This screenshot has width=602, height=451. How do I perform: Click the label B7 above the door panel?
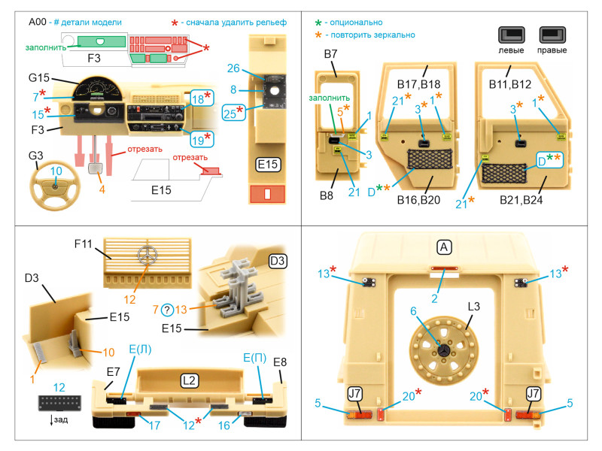tap(330, 56)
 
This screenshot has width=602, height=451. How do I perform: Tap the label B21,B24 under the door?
tap(520, 201)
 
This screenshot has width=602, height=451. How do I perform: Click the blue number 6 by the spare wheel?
tap(412, 310)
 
